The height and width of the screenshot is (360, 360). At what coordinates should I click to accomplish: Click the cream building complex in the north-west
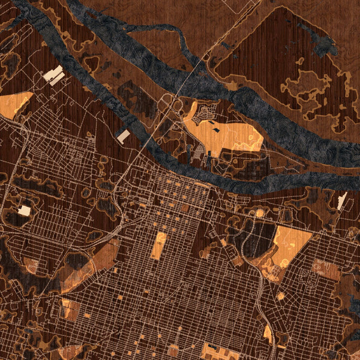[54, 76]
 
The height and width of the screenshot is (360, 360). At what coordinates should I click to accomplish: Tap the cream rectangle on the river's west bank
[123, 136]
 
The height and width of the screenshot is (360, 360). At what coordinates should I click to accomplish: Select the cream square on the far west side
[24, 210]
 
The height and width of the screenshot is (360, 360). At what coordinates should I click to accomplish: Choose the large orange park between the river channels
[231, 135]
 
